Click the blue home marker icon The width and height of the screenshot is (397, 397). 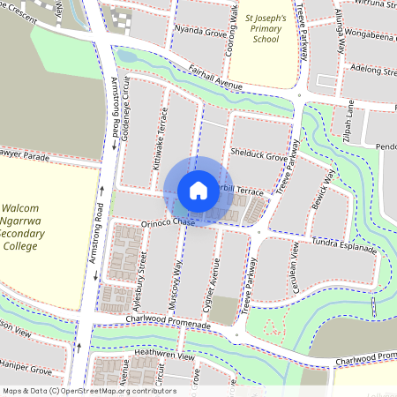[x=198, y=191]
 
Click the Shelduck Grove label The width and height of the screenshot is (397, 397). [x=258, y=156]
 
